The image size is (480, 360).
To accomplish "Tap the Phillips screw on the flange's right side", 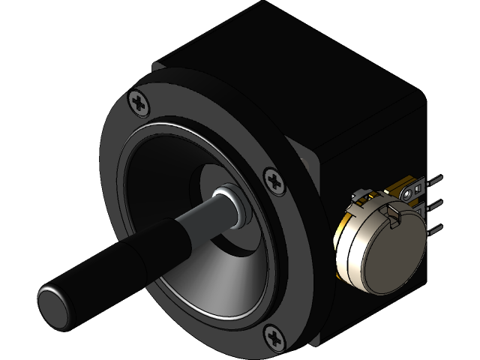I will (x=274, y=180).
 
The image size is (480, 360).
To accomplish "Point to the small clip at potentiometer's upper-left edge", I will (x=358, y=196).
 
